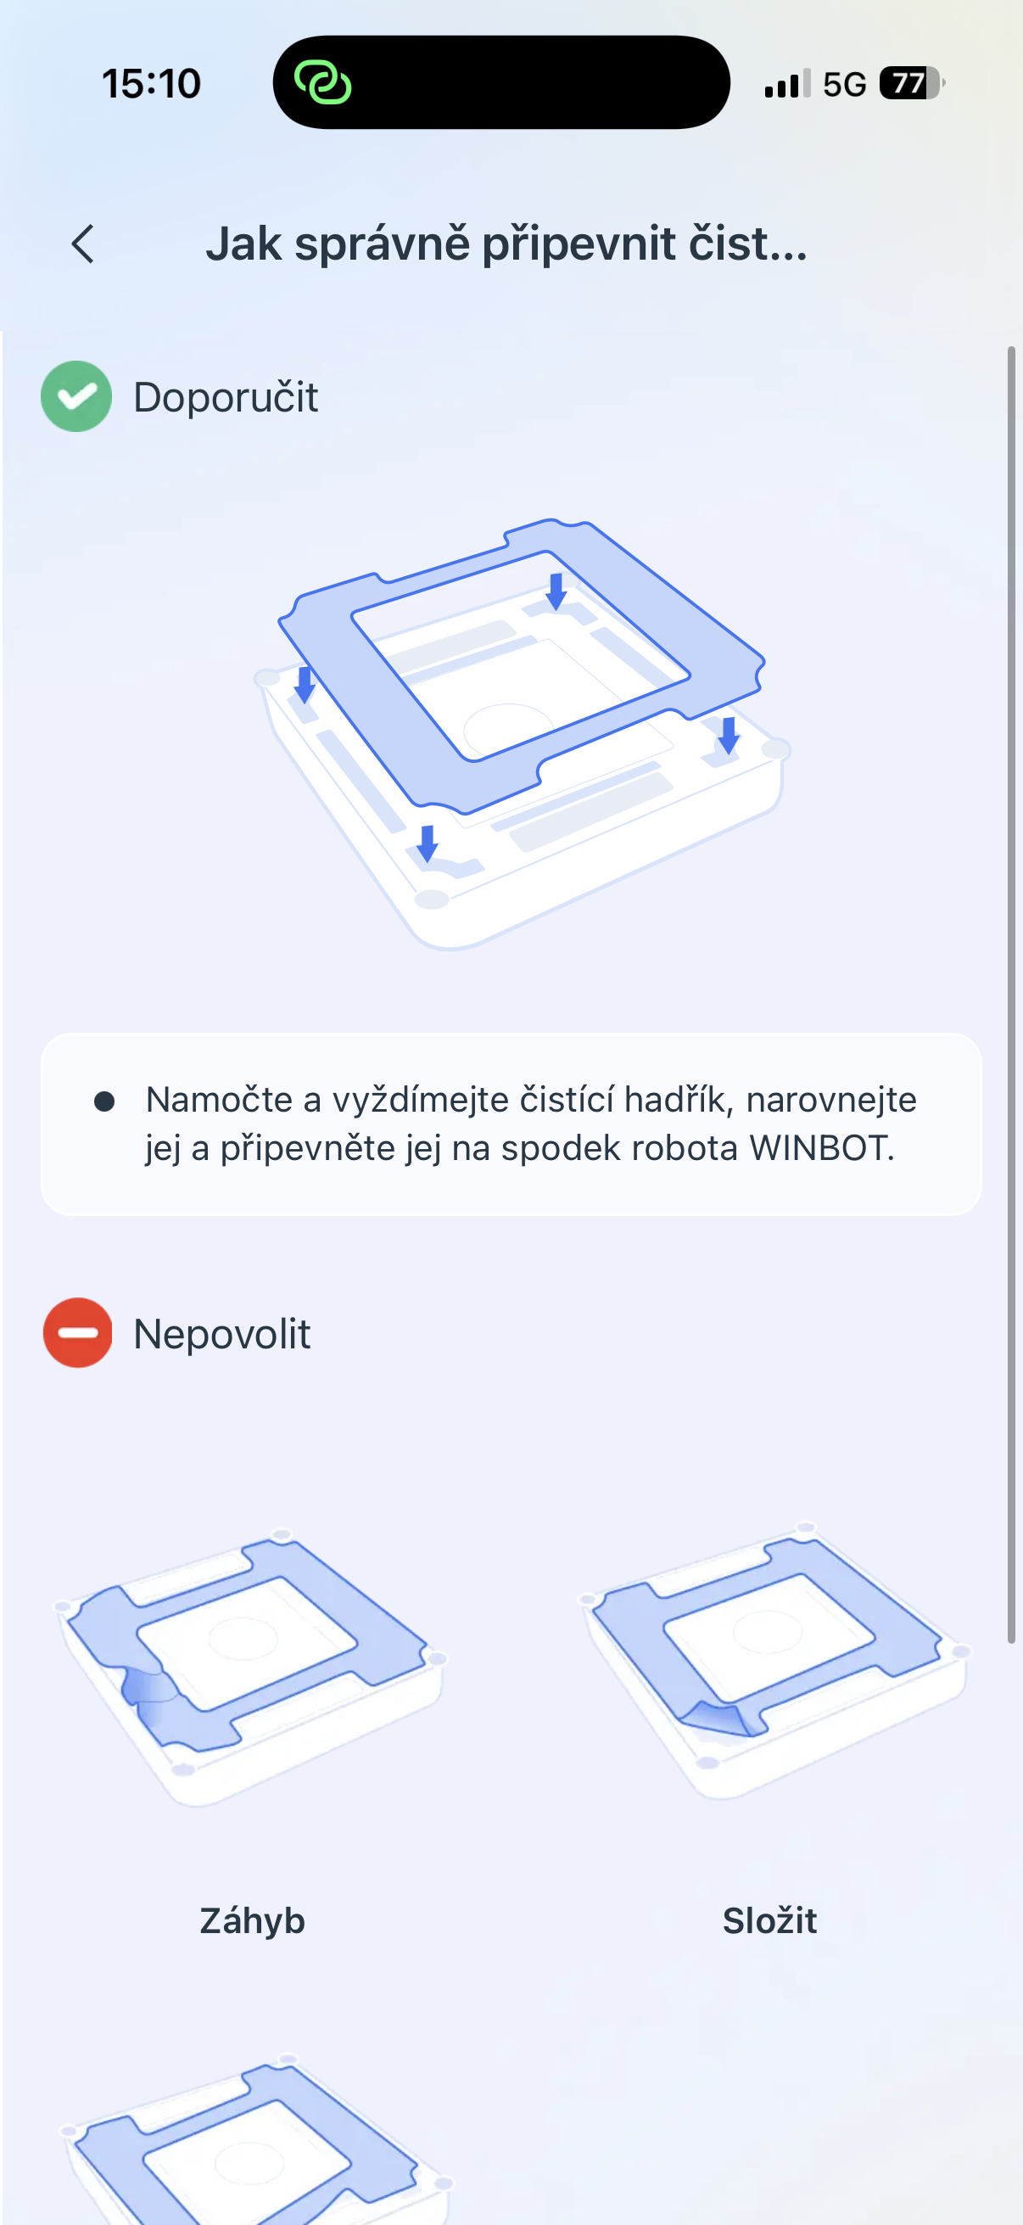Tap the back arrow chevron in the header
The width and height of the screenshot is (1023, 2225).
83,244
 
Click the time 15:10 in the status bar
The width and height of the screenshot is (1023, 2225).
151,84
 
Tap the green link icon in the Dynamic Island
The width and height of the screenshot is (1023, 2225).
323,83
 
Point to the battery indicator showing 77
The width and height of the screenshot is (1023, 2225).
911,84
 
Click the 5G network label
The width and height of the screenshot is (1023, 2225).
843,85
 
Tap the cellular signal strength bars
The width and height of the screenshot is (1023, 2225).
786,84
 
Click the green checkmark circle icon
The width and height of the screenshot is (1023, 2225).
76,396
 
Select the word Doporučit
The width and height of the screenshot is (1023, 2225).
226,397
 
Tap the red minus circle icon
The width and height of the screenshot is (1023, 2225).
77,1333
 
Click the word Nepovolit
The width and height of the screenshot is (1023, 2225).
222,1334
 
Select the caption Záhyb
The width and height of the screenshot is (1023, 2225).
252,1920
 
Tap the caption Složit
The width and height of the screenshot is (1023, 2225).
769,1920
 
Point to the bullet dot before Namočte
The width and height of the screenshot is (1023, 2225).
104,1101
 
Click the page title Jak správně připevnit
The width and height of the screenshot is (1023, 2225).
506,244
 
